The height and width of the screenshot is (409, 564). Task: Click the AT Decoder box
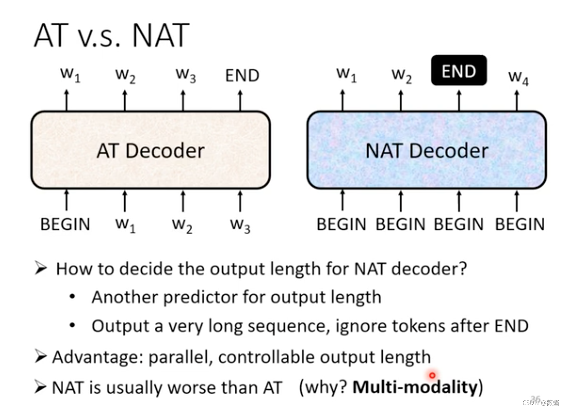click(x=151, y=150)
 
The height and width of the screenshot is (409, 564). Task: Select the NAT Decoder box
click(x=427, y=150)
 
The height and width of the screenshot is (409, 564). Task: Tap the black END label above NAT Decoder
click(x=459, y=70)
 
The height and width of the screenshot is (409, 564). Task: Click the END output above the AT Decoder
click(x=242, y=76)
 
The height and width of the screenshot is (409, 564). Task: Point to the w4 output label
click(x=518, y=78)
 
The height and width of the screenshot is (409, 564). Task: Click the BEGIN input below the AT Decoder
click(x=65, y=224)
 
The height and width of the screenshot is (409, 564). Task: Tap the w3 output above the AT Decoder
click(x=186, y=76)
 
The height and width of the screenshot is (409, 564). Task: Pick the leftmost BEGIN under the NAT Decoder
click(x=341, y=224)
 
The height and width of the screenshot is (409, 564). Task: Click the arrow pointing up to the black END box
click(x=459, y=101)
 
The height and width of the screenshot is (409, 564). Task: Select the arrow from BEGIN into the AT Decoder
click(x=67, y=200)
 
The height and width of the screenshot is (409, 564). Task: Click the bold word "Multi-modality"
click(x=415, y=387)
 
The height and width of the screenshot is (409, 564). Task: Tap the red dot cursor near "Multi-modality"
click(x=432, y=375)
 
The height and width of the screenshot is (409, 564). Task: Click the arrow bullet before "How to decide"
click(x=41, y=268)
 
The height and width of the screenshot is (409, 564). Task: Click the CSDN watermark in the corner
click(x=541, y=403)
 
